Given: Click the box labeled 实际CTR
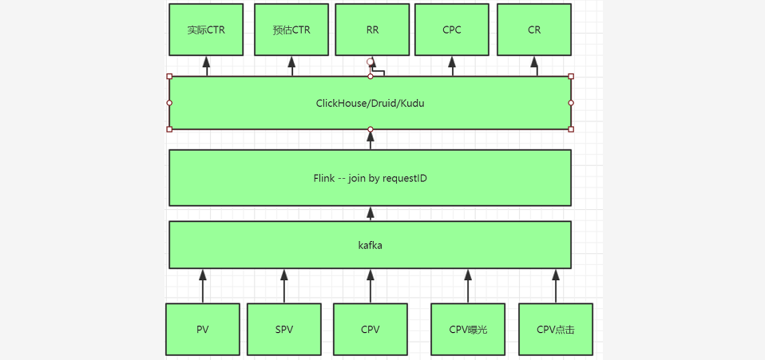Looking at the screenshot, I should coord(206,30).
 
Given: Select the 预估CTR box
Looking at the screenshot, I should coord(291,30).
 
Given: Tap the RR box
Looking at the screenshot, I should coord(372,30).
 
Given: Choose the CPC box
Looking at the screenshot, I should coord(452,30).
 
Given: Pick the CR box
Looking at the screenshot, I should coord(534,30).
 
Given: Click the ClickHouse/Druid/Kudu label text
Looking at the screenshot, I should coord(370,103).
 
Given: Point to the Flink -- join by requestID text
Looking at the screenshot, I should coord(370,178).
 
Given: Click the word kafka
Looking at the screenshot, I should coord(370,245).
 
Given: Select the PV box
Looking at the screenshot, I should coord(203,329).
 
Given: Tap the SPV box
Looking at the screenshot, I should coord(283,329).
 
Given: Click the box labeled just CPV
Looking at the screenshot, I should coord(371,329).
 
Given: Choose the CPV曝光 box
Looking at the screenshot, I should coord(468,329).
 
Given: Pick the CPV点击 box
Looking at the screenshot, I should coord(555,329).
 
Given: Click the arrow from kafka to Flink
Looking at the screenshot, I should coord(370,213).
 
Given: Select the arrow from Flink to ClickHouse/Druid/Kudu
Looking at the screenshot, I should coord(370,140).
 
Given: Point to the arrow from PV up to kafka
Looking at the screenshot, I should coord(203,286).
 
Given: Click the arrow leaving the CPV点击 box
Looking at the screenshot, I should coord(556,286).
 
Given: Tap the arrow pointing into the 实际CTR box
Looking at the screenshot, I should coord(207,66).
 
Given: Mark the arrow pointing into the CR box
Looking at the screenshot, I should coord(537,66).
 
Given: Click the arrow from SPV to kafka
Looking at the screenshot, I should coord(283,286).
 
